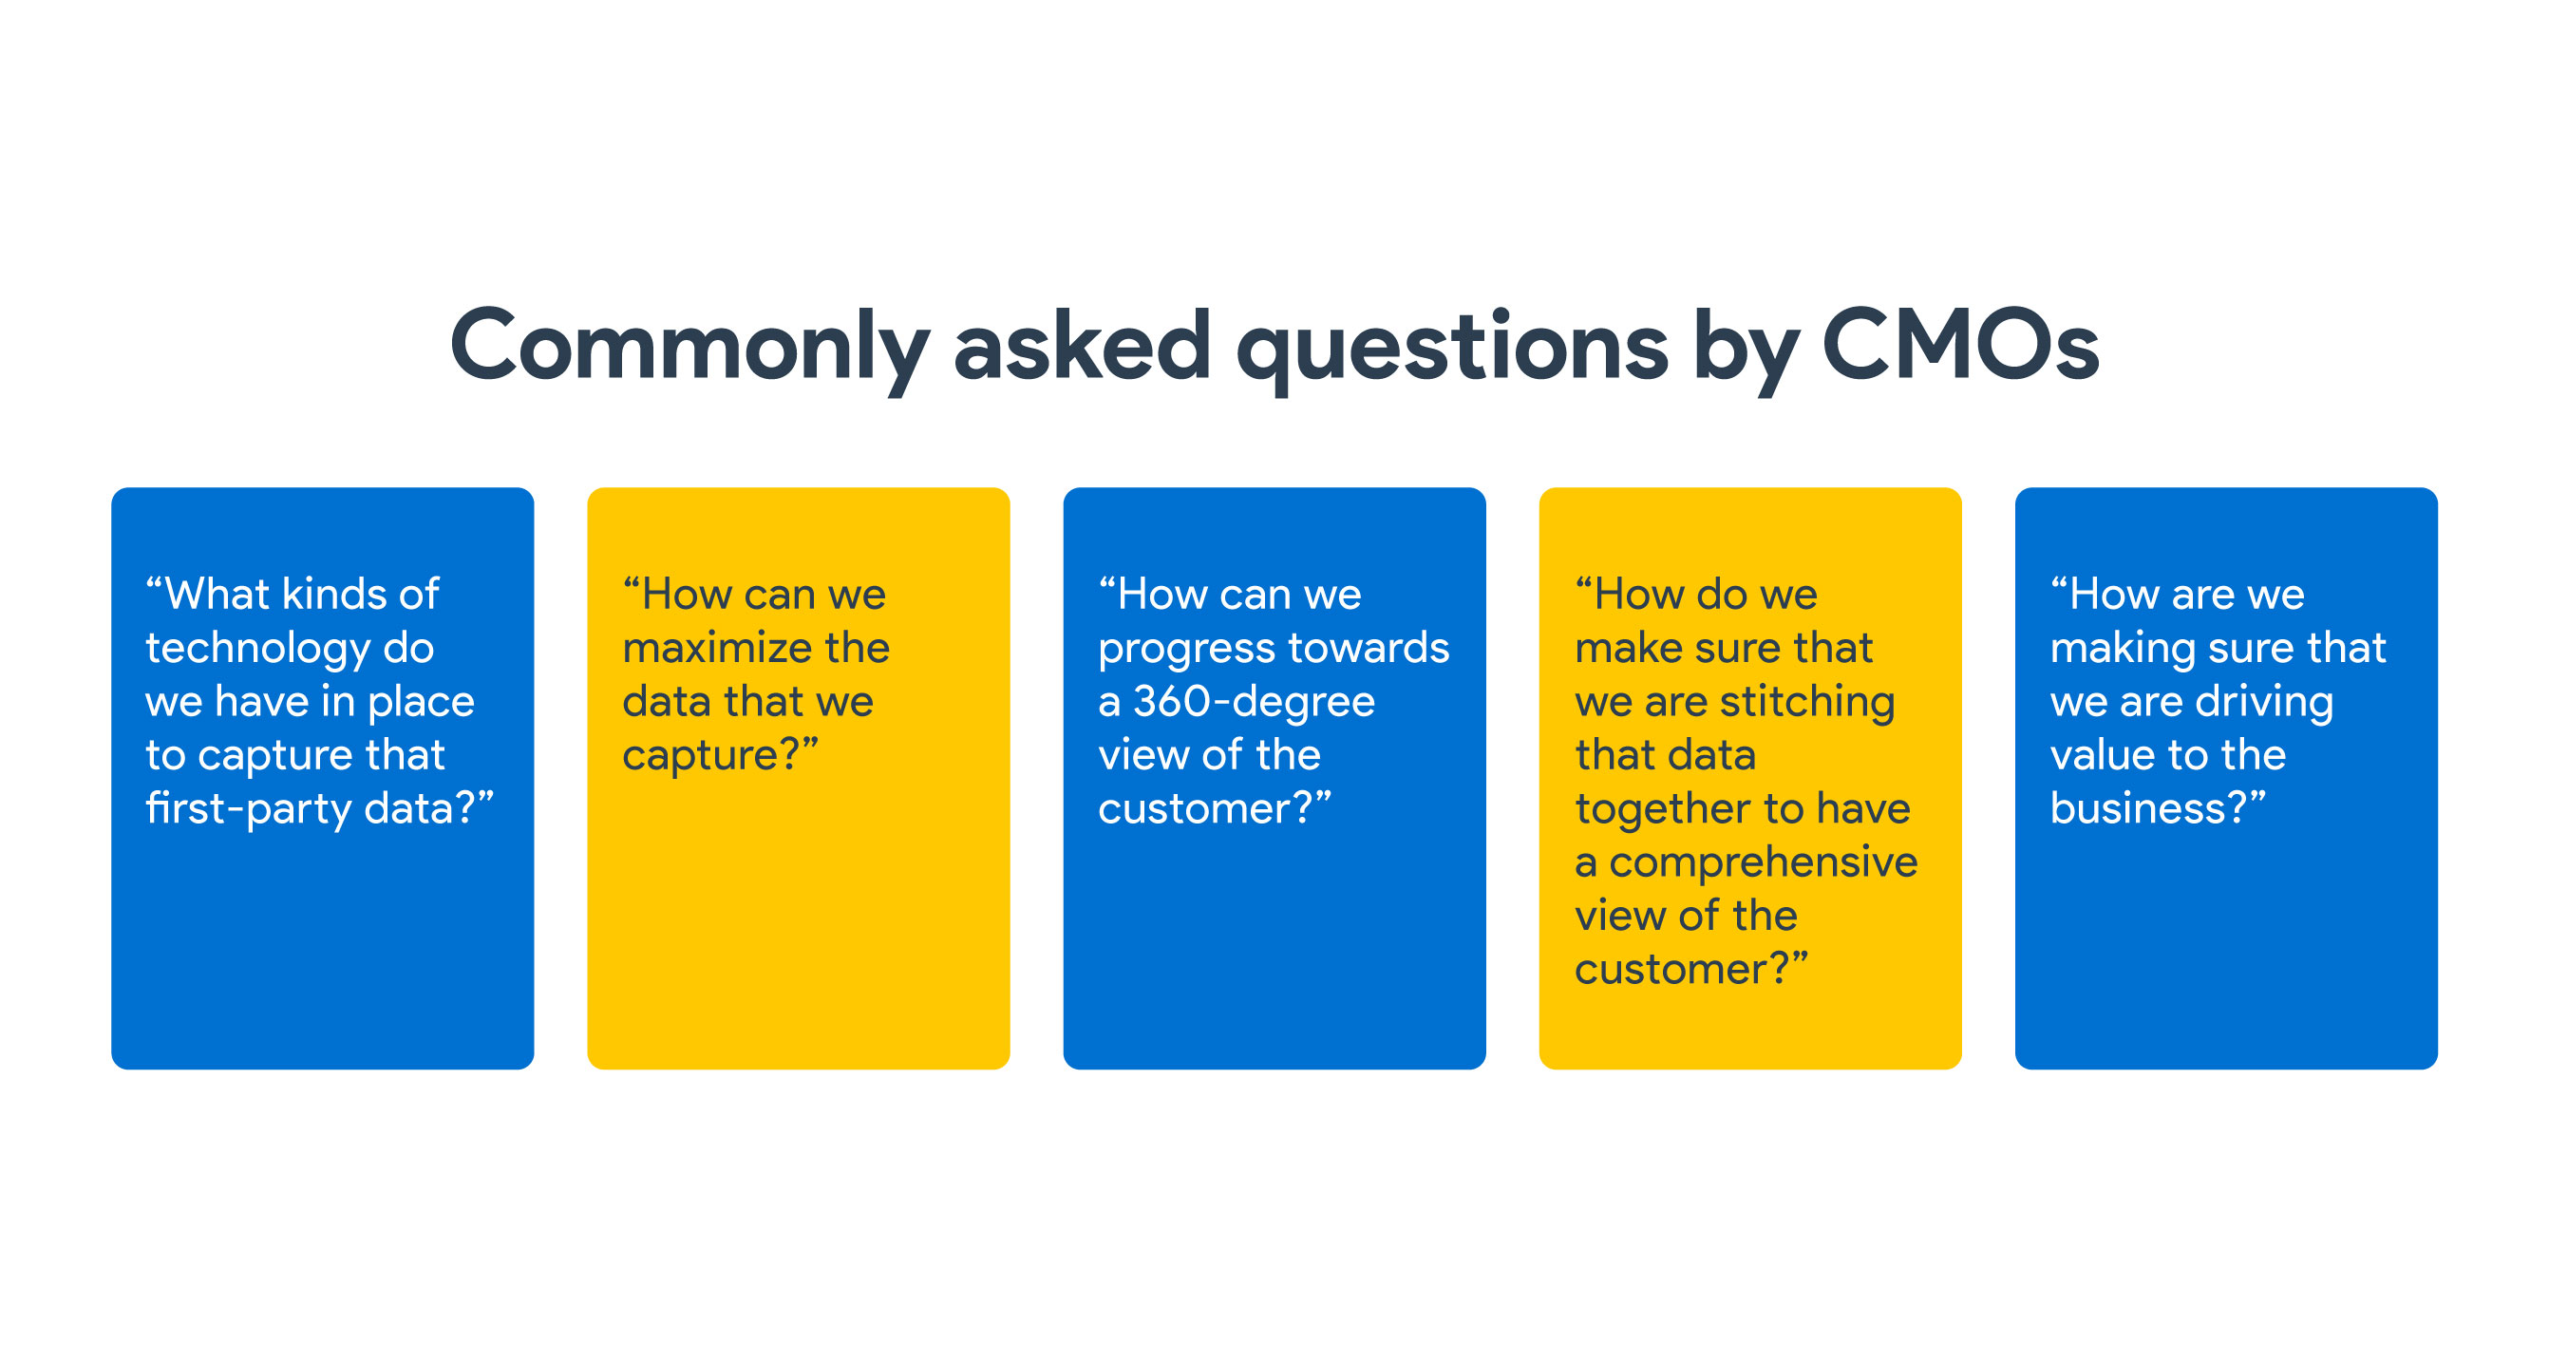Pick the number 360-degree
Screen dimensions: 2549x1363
(x=1254, y=703)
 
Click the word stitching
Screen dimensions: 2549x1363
(x=1807, y=703)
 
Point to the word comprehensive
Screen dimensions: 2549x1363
(x=1764, y=863)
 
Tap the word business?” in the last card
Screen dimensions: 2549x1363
(x=2157, y=807)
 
